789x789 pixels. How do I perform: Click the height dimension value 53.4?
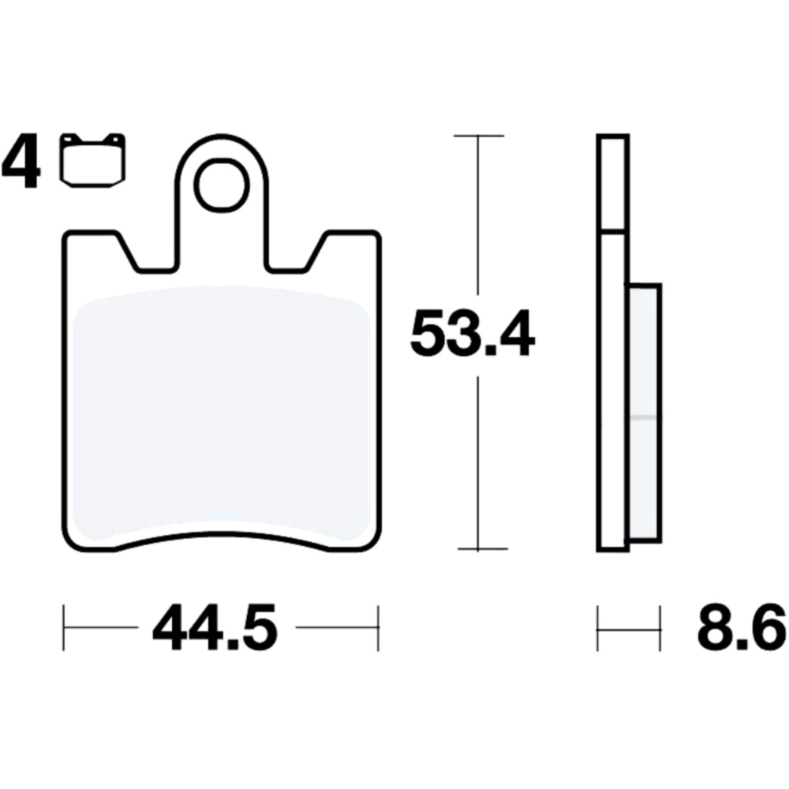click(x=472, y=336)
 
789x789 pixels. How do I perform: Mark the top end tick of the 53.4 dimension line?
click(x=478, y=136)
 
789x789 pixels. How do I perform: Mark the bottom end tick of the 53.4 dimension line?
click(x=478, y=549)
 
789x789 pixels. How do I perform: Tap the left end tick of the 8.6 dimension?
click(x=599, y=629)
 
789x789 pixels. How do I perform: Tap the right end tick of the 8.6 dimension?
click(x=660, y=629)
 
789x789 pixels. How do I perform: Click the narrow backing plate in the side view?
click(x=613, y=394)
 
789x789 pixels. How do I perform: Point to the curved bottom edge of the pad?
click(x=221, y=539)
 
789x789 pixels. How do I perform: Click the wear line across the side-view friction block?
click(x=645, y=416)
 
